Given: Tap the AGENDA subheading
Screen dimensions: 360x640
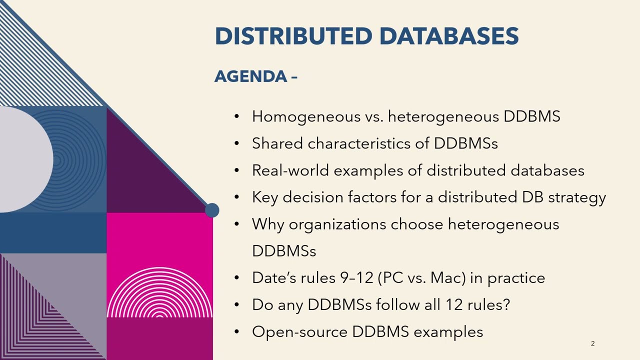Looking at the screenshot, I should [x=251, y=76].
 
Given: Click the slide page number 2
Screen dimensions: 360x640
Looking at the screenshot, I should [x=592, y=343].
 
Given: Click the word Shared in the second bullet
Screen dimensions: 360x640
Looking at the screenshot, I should [x=277, y=143].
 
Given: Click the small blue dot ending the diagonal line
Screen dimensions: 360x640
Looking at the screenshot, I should [x=212, y=210].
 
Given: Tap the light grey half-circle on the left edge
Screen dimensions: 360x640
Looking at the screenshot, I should [x=25, y=159].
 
